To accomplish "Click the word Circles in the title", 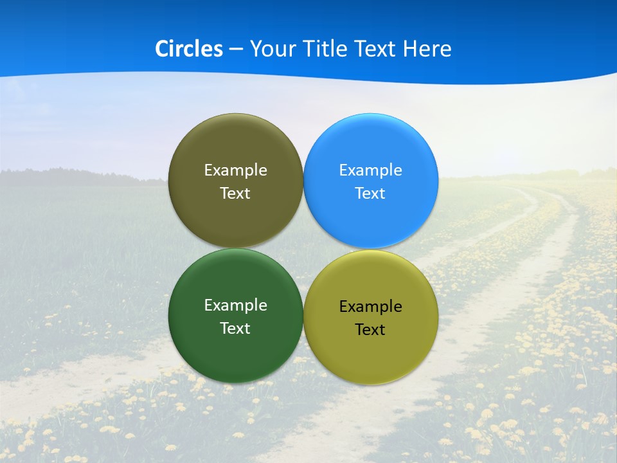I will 189,49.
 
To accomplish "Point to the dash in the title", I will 236,50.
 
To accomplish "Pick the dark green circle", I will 235,347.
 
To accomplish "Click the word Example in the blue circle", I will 370,170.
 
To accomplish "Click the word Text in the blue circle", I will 370,194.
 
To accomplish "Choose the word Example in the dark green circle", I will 235,305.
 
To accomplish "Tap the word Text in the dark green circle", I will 235,329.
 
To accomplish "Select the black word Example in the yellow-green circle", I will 370,307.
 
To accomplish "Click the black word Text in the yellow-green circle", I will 370,330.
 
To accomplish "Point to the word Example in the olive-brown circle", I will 235,170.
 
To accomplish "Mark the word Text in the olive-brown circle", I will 235,194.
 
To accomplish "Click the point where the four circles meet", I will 303,248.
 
